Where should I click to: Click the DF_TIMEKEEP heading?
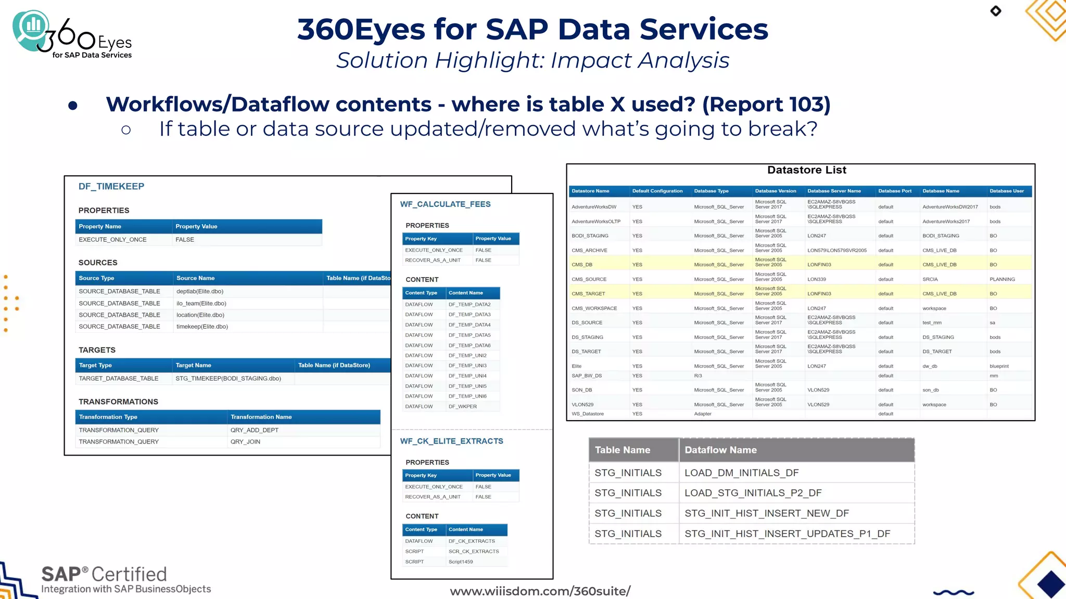coord(111,187)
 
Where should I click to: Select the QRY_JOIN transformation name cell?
coord(245,442)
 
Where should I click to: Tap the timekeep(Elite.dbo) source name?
coord(202,327)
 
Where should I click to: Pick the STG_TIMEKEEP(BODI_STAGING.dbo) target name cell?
coord(228,379)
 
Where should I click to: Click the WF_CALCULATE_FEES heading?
coord(445,204)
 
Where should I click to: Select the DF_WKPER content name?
coord(462,407)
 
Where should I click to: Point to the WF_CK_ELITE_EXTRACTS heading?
coord(451,441)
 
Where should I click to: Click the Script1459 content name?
coord(461,562)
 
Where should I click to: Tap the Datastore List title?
coord(806,170)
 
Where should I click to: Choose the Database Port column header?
coord(895,191)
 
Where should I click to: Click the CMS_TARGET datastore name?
coord(588,294)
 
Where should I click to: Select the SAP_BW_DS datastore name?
coord(587,376)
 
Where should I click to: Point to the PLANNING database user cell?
coord(1002,279)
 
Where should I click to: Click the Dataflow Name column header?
coord(720,450)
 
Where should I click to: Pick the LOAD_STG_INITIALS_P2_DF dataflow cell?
coord(753,493)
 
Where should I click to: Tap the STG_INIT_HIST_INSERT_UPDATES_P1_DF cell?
coord(787,533)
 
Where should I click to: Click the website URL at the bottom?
coord(540,591)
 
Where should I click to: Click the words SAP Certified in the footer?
coord(104,574)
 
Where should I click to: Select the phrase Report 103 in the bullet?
coord(766,105)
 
